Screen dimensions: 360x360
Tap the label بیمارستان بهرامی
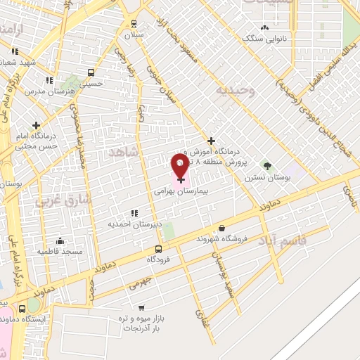point(177,191)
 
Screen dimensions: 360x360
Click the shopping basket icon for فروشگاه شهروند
point(222,228)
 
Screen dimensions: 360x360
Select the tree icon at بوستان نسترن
point(266,165)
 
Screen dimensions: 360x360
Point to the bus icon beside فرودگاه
point(158,249)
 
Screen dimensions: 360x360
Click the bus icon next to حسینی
point(91,72)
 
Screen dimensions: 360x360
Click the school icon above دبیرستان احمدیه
point(134,213)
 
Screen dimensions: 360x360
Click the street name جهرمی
point(139,285)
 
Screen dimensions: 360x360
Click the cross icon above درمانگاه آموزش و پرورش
point(211,141)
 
